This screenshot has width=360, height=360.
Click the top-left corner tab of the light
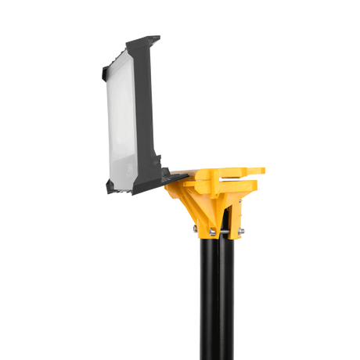click(x=105, y=72)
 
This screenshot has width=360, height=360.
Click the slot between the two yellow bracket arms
click(x=239, y=178)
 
